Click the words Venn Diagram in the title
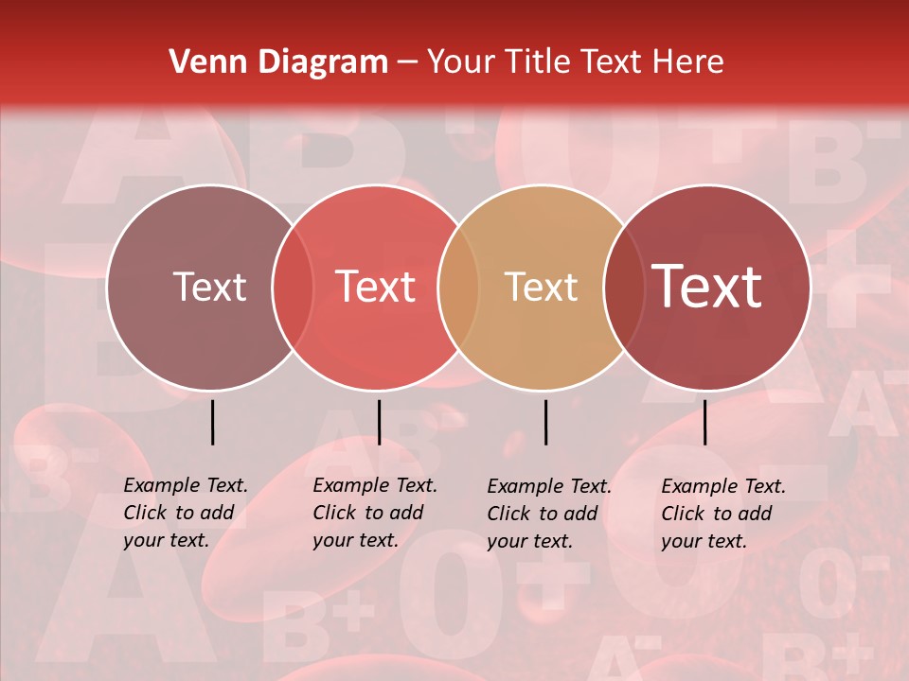point(278,62)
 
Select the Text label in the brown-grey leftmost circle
point(209,288)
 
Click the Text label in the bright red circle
point(376,288)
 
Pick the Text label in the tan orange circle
point(541,288)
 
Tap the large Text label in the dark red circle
point(707,287)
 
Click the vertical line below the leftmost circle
point(212,422)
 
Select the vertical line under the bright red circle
point(379,422)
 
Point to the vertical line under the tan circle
point(545,422)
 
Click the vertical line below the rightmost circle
point(704,422)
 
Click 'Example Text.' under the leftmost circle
point(186,485)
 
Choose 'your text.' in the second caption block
point(355,540)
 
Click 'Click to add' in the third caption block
point(543,514)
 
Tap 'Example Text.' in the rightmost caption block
point(723,486)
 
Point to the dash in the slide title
point(407,62)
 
